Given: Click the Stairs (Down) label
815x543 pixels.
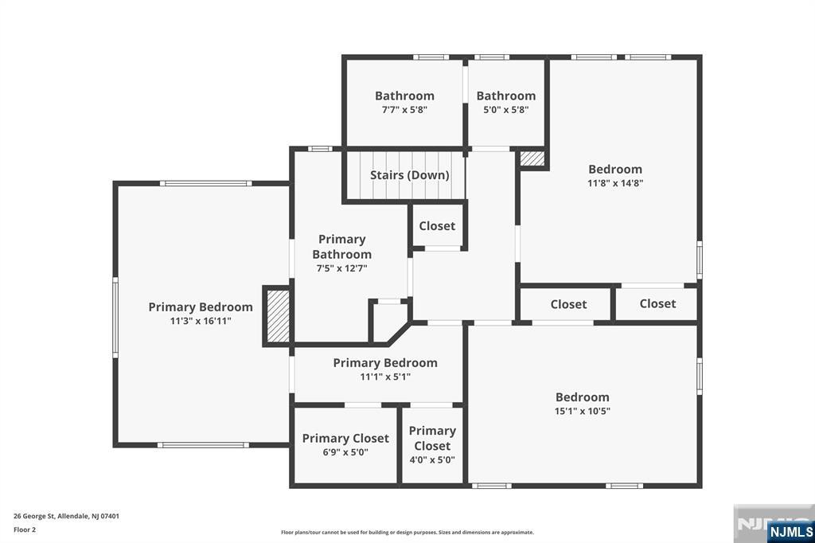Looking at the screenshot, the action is click(x=410, y=174).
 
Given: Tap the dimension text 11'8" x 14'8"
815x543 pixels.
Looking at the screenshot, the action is click(x=615, y=183).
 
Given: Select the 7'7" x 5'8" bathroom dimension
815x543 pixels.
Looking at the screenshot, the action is click(x=404, y=110).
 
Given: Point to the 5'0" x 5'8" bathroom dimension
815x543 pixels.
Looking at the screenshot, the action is click(x=505, y=110).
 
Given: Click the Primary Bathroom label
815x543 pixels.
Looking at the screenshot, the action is click(x=342, y=247).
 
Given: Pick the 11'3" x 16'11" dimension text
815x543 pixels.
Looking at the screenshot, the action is click(x=201, y=321).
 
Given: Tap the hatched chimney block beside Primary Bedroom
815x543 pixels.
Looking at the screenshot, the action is click(x=278, y=316).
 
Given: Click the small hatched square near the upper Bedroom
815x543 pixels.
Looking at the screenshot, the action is click(x=532, y=158).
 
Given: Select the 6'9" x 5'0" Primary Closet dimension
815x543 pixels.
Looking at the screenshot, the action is click(x=345, y=452).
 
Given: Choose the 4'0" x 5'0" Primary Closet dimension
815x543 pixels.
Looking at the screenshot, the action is click(x=432, y=459).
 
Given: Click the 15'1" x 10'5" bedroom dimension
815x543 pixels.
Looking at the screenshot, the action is click(x=582, y=411).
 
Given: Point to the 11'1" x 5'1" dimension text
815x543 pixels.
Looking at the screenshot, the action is click(x=385, y=377).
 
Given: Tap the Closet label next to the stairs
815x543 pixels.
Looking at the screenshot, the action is click(x=437, y=226).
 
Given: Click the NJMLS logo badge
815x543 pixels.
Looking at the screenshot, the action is click(x=790, y=531).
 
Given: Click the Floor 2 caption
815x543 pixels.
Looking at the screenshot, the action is click(x=25, y=530).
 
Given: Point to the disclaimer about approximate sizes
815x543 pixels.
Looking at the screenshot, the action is click(x=407, y=533).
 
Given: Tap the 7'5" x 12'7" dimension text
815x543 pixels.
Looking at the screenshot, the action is click(x=342, y=268).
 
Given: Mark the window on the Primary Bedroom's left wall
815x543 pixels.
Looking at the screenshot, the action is click(x=115, y=317).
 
